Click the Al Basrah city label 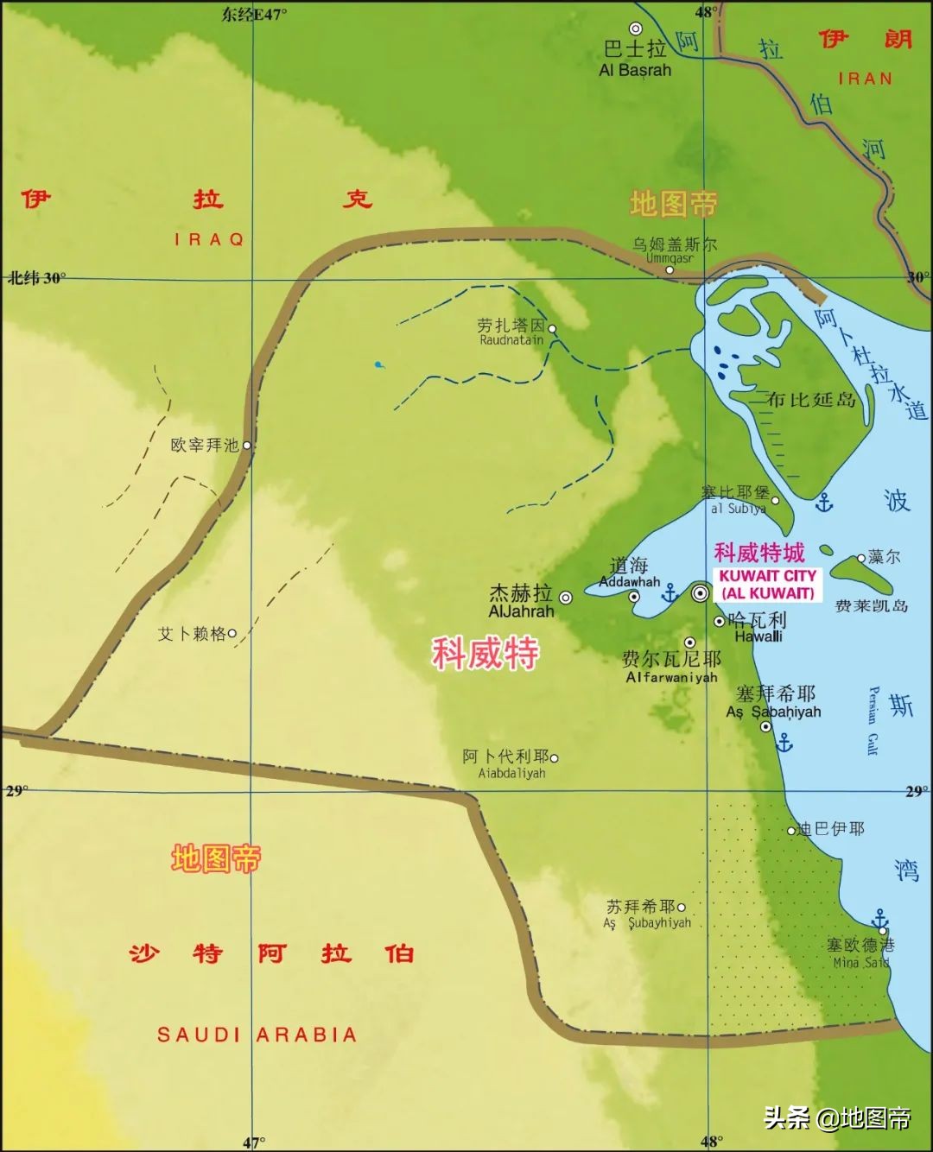(635, 70)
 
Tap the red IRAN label (865, 79)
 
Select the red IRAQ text (209, 239)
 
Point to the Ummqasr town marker (669, 270)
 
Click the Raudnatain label (511, 340)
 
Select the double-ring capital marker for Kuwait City (701, 592)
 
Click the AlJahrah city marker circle (566, 597)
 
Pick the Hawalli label (758, 636)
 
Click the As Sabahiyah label (773, 712)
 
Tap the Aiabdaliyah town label (511, 774)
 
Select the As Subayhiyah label (647, 923)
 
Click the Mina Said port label (861, 962)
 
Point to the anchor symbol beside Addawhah (670, 593)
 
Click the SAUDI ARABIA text (257, 1035)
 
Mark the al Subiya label (738, 509)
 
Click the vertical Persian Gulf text (873, 720)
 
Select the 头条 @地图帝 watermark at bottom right (837, 1118)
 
